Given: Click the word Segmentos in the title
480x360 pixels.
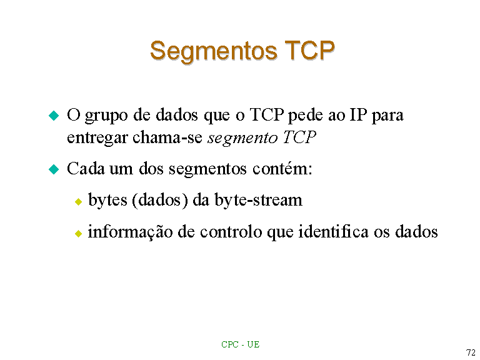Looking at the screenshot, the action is tap(214, 51).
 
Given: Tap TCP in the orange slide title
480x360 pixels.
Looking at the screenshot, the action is tap(309, 50).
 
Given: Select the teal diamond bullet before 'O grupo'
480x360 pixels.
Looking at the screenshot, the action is tap(54, 116).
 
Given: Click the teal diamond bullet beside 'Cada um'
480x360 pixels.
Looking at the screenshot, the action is tap(54, 169).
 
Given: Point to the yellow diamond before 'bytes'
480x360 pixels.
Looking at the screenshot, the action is tap(78, 201).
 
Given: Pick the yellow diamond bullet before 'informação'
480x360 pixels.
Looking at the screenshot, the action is tap(78, 234).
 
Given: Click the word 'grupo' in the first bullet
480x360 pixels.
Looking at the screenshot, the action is tap(106, 116).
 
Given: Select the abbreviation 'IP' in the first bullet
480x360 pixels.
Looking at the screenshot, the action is tap(358, 114).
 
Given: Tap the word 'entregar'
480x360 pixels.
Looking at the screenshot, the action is tap(97, 138).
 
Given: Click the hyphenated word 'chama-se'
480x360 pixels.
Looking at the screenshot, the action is tap(167, 137).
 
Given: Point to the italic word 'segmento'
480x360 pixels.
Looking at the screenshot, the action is tap(242, 138).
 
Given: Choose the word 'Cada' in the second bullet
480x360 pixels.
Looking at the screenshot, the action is tap(86, 168).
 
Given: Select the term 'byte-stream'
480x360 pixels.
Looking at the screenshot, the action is tap(258, 201).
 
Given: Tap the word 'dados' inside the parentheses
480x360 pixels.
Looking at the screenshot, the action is tap(160, 200).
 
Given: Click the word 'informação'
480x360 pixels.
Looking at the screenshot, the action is tap(131, 232).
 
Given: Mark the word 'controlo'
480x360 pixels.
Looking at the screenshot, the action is tap(231, 231).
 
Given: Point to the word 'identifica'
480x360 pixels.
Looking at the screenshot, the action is tap(333, 231).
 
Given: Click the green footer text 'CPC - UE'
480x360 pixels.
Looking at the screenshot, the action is tap(240, 344).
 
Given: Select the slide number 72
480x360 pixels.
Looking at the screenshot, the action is tap(471, 352).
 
